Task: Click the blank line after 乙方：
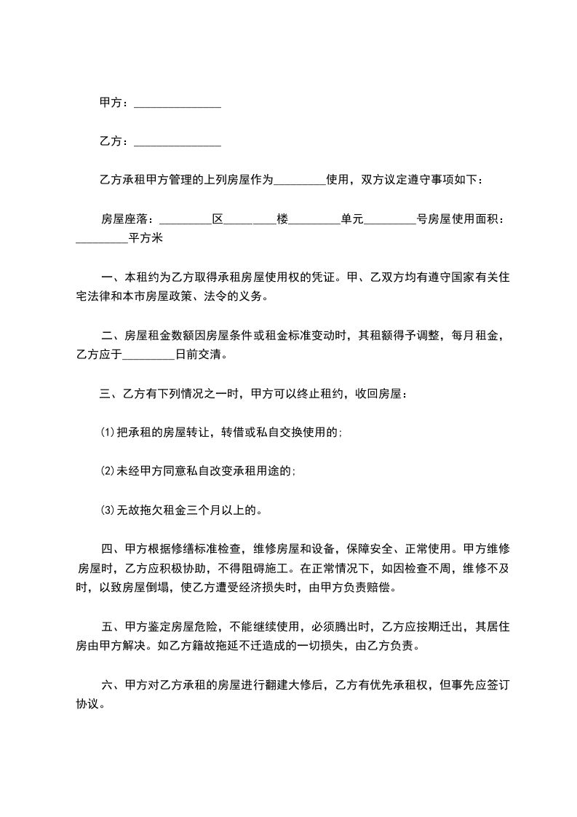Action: (x=178, y=142)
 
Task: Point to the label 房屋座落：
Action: (x=127, y=218)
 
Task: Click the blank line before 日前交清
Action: (x=149, y=358)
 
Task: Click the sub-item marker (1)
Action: (x=108, y=433)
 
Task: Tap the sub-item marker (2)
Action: (x=108, y=471)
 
